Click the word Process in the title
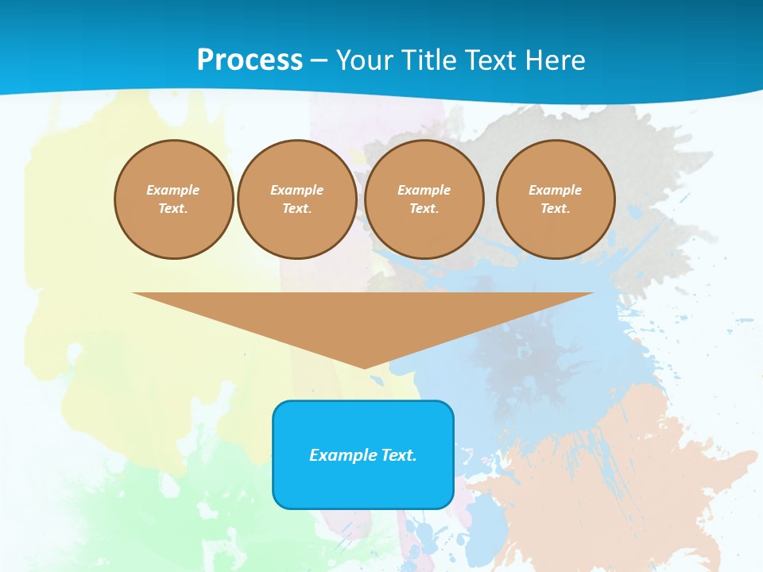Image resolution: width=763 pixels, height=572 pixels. [250, 60]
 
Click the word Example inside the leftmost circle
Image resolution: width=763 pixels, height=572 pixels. [173, 190]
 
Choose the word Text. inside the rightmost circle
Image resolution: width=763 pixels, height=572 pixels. [556, 209]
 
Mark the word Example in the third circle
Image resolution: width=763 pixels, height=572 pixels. [424, 190]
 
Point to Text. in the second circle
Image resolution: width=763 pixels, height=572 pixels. [296, 209]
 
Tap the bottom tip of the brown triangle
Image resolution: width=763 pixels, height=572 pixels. [364, 366]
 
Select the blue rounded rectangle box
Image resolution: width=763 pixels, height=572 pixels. [363, 485]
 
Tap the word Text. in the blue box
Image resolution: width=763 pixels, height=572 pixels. [399, 455]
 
